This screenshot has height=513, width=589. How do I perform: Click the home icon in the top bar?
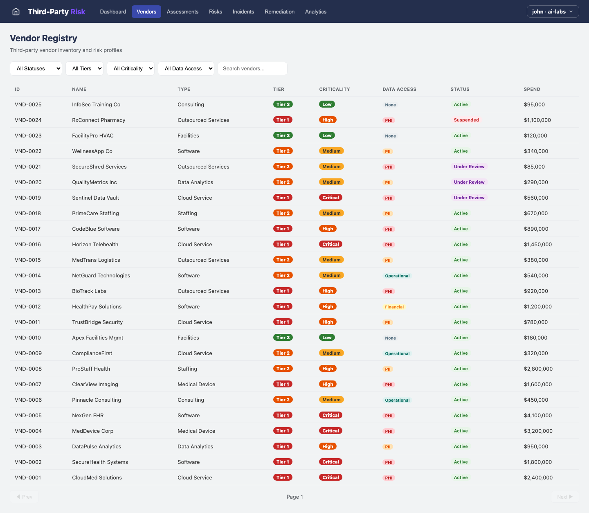pyautogui.click(x=16, y=11)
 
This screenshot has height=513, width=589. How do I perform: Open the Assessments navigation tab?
pyautogui.click(x=182, y=11)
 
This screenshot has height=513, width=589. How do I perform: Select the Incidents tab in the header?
pyautogui.click(x=243, y=11)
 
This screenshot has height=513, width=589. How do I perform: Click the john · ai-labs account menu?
pyautogui.click(x=552, y=11)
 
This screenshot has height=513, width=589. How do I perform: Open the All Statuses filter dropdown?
pyautogui.click(x=36, y=69)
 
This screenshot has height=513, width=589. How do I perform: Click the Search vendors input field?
pyautogui.click(x=252, y=69)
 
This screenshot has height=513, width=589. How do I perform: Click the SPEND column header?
pyautogui.click(x=532, y=89)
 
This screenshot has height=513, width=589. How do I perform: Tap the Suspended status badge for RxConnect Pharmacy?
pyautogui.click(x=466, y=120)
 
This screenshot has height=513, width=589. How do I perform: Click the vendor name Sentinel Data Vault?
pyautogui.click(x=95, y=198)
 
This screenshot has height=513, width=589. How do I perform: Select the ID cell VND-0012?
pyautogui.click(x=28, y=306)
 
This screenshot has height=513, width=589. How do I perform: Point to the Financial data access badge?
pyautogui.click(x=394, y=307)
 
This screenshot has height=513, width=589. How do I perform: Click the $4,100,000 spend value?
pyautogui.click(x=537, y=415)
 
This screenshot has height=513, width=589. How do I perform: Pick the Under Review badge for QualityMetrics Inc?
pyautogui.click(x=469, y=182)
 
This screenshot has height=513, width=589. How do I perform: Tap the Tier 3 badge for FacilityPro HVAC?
pyautogui.click(x=283, y=135)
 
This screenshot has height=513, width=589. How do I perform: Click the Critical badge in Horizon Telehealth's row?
pyautogui.click(x=330, y=244)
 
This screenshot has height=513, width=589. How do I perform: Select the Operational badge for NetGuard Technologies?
pyautogui.click(x=397, y=276)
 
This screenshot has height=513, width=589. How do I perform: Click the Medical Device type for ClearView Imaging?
pyautogui.click(x=196, y=384)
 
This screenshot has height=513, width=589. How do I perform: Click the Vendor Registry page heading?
pyautogui.click(x=43, y=38)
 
